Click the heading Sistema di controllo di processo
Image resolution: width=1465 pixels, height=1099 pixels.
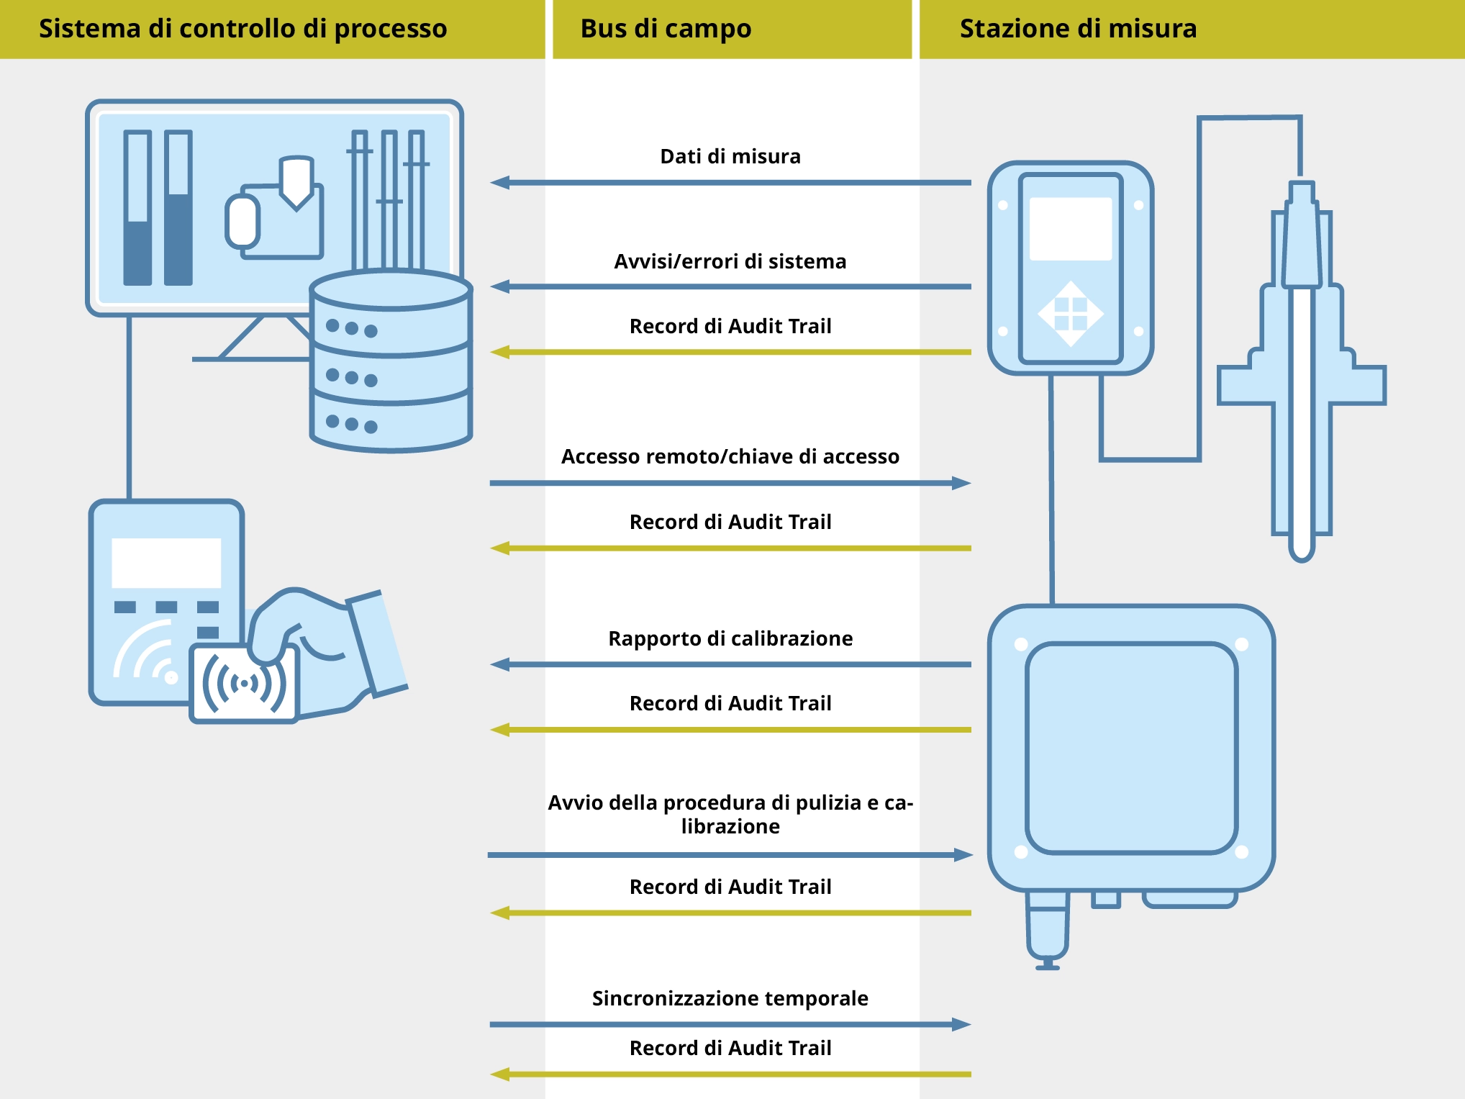[x=242, y=29]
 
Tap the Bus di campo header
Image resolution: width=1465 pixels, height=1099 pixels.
[x=666, y=29]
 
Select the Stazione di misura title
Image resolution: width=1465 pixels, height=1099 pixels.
[x=1078, y=29]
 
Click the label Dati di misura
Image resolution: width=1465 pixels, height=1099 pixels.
[x=730, y=156]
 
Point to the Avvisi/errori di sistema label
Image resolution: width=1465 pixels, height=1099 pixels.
[x=730, y=261]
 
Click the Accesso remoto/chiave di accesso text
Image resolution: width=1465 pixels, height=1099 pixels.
[x=730, y=456]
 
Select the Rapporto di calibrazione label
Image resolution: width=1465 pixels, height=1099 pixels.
[x=730, y=638]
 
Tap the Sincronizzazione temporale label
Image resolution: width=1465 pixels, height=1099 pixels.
[x=730, y=998]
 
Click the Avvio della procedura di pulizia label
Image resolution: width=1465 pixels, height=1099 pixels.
[x=730, y=814]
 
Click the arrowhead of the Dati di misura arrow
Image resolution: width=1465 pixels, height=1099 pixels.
[x=500, y=183]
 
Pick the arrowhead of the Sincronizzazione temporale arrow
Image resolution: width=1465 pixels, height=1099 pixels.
[x=961, y=1024]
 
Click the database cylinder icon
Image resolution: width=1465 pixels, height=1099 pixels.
[x=391, y=360]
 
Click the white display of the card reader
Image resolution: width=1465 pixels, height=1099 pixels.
[x=166, y=563]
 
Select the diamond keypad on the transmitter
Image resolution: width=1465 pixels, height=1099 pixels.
[x=1071, y=314]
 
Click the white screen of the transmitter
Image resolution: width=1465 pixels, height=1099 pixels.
[x=1071, y=229]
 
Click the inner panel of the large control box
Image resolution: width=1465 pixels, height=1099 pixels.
[x=1131, y=749]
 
